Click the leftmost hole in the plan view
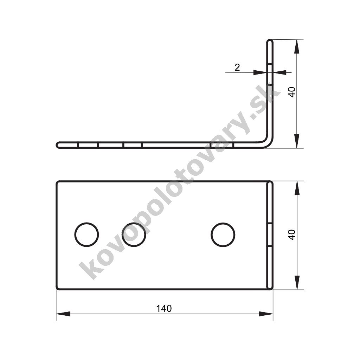pyautogui.click(x=86, y=234)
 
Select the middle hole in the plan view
pyautogui.click(x=134, y=234)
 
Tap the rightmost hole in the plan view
pyautogui.click(x=223, y=234)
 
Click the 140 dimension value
pyautogui.click(x=164, y=309)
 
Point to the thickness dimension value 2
pyautogui.click(x=237, y=67)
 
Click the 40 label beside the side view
pyautogui.click(x=292, y=92)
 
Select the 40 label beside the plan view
pyautogui.click(x=292, y=234)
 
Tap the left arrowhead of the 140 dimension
pyautogui.click(x=63, y=314)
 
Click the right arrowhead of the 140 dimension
pyautogui.click(x=266, y=314)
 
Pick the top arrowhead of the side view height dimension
pyautogui.click(x=297, y=47)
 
